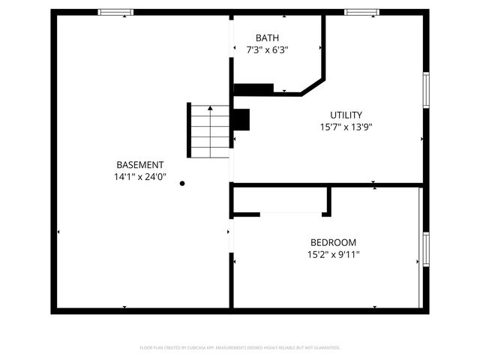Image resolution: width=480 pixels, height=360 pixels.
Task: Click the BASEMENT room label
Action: (139, 165)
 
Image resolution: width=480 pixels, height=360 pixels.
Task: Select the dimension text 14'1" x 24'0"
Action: (139, 178)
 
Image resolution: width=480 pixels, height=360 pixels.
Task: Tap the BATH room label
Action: (266, 37)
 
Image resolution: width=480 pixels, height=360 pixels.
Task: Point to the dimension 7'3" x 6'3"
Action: (266, 49)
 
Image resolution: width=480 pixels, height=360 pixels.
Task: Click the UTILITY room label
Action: (346, 115)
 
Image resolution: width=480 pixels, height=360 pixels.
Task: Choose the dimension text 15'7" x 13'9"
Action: (346, 127)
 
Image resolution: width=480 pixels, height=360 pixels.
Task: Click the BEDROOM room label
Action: (333, 242)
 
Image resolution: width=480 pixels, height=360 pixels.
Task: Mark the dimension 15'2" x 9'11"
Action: (333, 255)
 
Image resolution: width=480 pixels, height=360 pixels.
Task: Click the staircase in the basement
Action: (208, 131)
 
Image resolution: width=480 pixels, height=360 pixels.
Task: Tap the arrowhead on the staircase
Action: (210, 109)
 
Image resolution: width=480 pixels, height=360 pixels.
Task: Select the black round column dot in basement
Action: (182, 182)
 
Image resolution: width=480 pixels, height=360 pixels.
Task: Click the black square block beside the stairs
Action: (241, 120)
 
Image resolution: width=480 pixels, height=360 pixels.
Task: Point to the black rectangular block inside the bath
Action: (253, 89)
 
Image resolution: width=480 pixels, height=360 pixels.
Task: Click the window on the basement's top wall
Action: (116, 12)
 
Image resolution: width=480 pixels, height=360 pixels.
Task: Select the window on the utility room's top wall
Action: (361, 12)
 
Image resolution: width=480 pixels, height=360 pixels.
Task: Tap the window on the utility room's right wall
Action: (425, 91)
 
